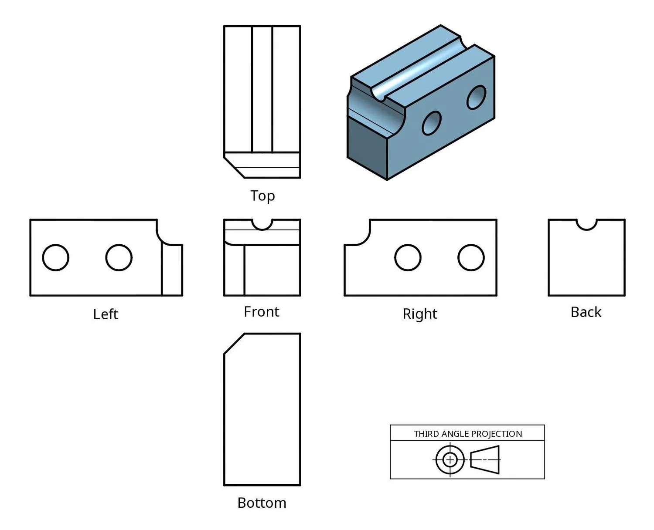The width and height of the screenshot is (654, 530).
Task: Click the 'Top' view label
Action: pos(262,196)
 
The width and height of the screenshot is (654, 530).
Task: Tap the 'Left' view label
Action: pos(106,314)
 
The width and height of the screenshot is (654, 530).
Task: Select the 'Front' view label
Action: pos(262,312)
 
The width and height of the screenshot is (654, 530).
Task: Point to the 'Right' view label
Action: pos(420,314)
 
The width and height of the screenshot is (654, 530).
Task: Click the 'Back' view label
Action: pos(586,312)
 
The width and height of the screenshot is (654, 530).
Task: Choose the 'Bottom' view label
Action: pos(262,503)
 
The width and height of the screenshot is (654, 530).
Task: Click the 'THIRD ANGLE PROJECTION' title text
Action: pos(468,434)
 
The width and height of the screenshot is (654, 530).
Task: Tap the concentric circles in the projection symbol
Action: pos(450,459)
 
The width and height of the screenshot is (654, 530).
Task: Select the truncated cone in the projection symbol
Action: pos(485,459)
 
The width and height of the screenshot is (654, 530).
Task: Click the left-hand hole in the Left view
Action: pos(55,258)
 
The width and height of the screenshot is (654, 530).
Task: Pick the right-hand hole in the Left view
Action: pos(119,258)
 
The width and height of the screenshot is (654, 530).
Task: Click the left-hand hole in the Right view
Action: pos(408,258)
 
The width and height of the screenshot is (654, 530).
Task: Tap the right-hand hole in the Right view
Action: pos(471,258)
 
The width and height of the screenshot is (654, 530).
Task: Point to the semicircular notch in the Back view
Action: pos(586,224)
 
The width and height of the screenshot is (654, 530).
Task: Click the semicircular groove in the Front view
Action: pos(262,224)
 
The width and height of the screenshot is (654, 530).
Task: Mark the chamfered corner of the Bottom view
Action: pos(234,344)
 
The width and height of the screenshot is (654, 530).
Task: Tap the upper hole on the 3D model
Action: pos(476,97)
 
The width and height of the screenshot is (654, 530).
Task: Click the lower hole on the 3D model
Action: pos(432,123)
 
